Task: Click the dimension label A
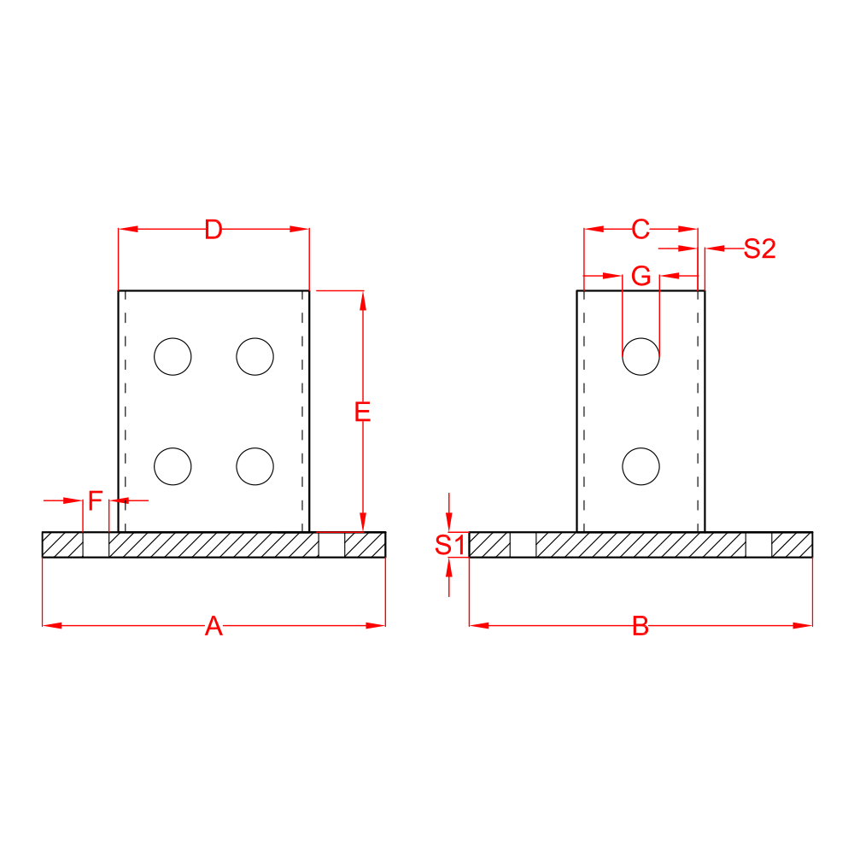213,627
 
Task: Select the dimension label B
640,627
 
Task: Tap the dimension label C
640,229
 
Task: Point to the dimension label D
213,229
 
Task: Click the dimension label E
363,412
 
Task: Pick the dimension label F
96,500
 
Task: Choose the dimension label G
640,276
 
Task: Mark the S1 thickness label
449,545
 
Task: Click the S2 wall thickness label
759,249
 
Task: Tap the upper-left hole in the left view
173,356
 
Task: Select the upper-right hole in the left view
255,356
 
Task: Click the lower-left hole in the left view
173,465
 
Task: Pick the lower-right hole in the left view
255,465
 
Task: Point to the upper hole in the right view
640,356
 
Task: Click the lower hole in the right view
640,465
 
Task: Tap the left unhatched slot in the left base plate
96,544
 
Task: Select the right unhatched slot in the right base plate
758,544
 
